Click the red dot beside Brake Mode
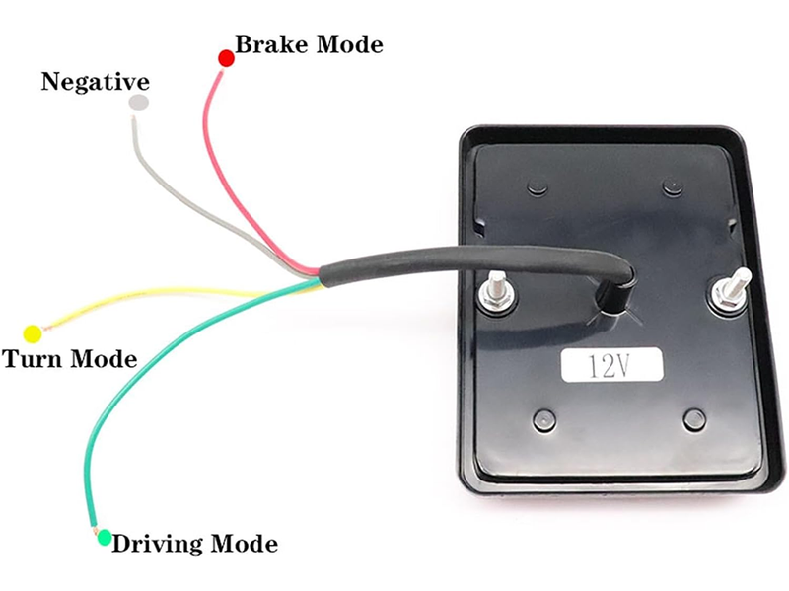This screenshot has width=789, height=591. click(225, 58)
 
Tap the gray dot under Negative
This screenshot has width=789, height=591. click(139, 103)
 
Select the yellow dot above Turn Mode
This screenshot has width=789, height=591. click(32, 332)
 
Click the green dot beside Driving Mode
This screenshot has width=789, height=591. click(103, 542)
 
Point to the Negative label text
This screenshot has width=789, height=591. click(95, 82)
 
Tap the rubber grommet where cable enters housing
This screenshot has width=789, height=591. click(614, 296)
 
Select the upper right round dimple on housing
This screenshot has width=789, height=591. click(673, 185)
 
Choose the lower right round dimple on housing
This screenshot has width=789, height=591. click(693, 418)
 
